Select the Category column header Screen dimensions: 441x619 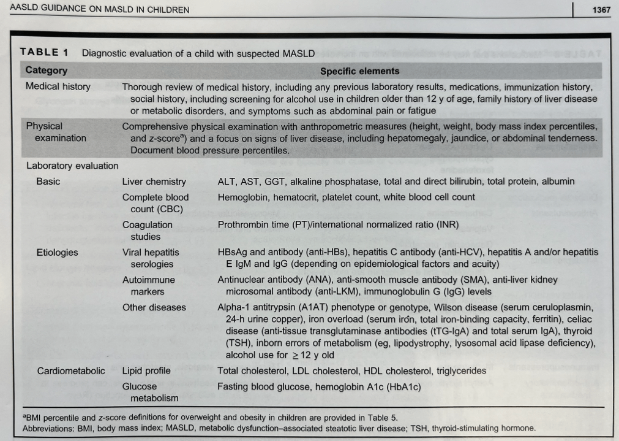point(47,71)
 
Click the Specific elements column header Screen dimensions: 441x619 point(359,71)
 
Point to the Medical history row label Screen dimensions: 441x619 point(58,86)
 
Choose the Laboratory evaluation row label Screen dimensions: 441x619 point(72,166)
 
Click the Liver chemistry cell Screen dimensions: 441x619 point(154,182)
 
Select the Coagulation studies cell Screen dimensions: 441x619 point(147,231)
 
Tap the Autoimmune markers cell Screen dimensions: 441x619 point(149,285)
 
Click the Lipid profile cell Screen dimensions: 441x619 point(146,370)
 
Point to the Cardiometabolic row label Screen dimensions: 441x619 point(71,370)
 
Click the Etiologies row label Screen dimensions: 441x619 point(58,252)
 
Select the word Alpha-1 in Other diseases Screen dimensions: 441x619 point(232,307)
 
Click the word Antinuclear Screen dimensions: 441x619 point(242,279)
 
